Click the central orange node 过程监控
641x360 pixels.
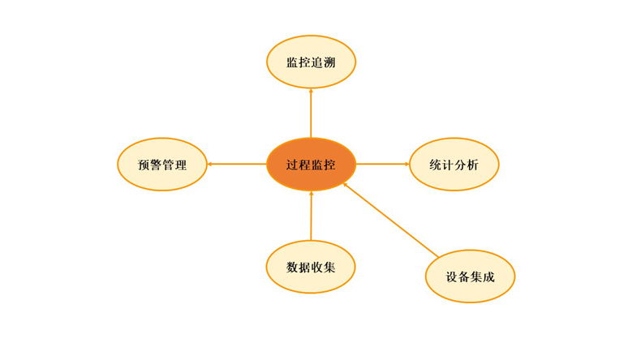312,164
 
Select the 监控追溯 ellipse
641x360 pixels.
312,62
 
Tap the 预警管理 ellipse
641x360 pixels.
162,165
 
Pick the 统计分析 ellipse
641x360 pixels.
454,165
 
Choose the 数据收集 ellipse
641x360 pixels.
311,267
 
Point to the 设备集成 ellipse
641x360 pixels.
470,276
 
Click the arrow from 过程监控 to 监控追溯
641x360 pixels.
312,114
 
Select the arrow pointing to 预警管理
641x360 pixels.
237,165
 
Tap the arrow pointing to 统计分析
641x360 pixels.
383,165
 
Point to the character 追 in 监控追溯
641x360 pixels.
317,62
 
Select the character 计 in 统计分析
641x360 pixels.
448,165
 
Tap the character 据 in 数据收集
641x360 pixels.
305,267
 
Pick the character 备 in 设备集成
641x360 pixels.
464,276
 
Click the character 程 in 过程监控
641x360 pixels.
305,165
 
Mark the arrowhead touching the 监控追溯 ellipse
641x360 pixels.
312,92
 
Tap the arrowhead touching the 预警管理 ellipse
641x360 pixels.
211,165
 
